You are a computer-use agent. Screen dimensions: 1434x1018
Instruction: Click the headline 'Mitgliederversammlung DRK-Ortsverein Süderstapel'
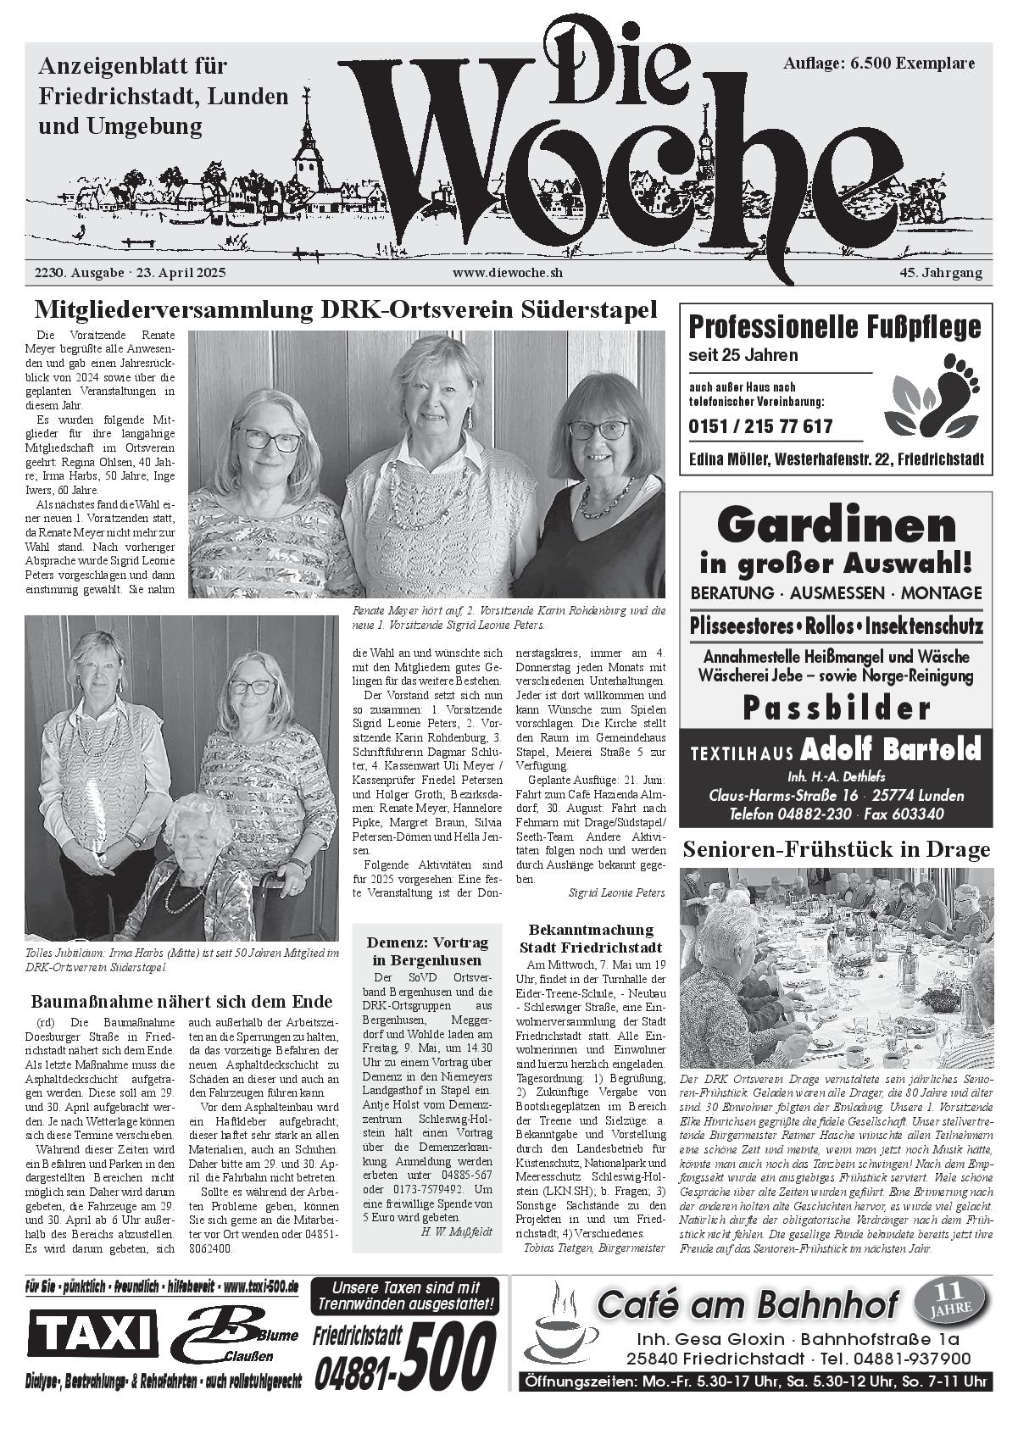pyautogui.click(x=346, y=310)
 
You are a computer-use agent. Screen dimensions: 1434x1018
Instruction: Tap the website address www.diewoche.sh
pyautogui.click(x=507, y=273)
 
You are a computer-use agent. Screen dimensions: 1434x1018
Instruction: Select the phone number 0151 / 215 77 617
pyautogui.click(x=760, y=426)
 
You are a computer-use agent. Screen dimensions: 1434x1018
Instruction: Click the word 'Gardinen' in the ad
pyautogui.click(x=836, y=525)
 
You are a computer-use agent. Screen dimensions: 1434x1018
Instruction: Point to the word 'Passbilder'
pyautogui.click(x=836, y=708)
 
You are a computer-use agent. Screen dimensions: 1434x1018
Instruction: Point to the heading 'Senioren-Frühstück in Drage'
pyautogui.click(x=836, y=849)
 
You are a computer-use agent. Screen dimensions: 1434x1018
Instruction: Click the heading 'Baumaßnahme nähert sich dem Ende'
pyautogui.click(x=181, y=1002)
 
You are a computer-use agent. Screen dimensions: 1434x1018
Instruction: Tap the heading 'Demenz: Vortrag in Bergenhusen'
pyautogui.click(x=427, y=951)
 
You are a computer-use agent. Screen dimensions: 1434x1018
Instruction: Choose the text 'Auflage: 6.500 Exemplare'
pyautogui.click(x=879, y=63)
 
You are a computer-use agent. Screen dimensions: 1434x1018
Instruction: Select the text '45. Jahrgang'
pyautogui.click(x=941, y=273)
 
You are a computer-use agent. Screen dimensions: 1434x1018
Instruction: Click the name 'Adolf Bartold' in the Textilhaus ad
pyautogui.click(x=890, y=750)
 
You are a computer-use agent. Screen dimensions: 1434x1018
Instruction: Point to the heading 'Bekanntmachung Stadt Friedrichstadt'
pyautogui.click(x=591, y=938)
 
